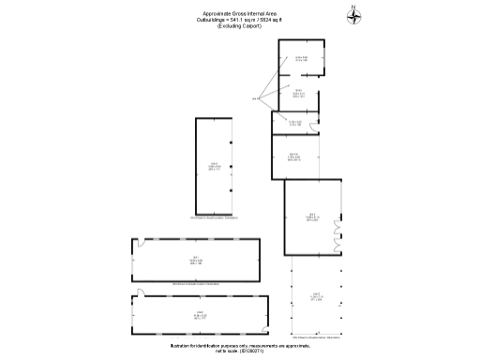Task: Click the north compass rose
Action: pos(353,13)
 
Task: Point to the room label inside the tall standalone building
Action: pos(214,167)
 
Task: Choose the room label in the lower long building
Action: pos(200,315)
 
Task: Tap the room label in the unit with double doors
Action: pos(312,217)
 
